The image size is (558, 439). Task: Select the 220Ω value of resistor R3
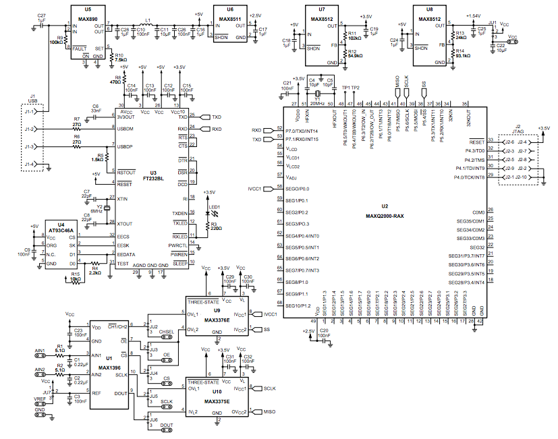click(x=217, y=228)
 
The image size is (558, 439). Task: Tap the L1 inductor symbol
click(x=148, y=26)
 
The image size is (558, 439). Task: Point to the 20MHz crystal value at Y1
click(x=316, y=98)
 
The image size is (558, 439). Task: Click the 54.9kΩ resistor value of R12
click(x=356, y=55)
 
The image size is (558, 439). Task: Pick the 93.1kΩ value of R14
click(x=463, y=56)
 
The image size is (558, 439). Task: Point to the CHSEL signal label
click(x=167, y=332)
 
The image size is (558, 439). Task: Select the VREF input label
click(x=40, y=400)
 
